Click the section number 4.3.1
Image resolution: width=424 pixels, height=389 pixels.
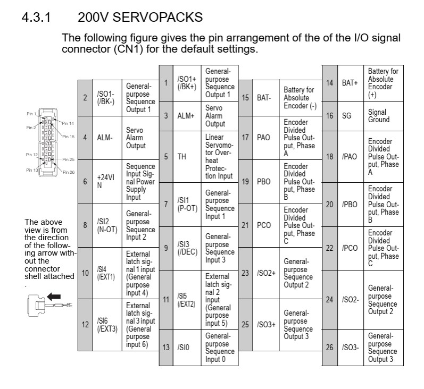pyautogui.click(x=36, y=18)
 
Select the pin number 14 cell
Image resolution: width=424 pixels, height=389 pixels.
pyautogui.click(x=329, y=83)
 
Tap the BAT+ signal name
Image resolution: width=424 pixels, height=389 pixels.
pyautogui.click(x=350, y=83)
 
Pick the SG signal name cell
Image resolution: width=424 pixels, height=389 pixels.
pyautogui.click(x=346, y=116)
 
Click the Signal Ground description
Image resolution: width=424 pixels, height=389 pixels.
pyautogui.click(x=377, y=116)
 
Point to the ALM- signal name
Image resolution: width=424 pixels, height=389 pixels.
pyautogui.click(x=104, y=138)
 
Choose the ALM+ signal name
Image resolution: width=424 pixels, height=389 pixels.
pyautogui.click(x=186, y=116)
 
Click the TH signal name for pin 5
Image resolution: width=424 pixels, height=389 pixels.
pyautogui.click(x=181, y=157)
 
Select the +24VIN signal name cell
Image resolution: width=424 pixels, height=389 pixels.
pyautogui.click(x=105, y=182)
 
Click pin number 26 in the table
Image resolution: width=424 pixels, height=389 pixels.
pyautogui.click(x=329, y=348)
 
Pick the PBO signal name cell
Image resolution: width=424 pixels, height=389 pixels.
pyautogui.click(x=264, y=181)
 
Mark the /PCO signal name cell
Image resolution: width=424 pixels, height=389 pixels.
pyautogui.click(x=350, y=248)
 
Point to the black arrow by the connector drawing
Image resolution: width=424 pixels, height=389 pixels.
pyautogui.click(x=54, y=297)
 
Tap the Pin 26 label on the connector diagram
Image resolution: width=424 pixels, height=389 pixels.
pyautogui.click(x=69, y=172)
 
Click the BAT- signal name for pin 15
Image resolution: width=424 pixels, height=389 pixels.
pyautogui.click(x=264, y=98)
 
